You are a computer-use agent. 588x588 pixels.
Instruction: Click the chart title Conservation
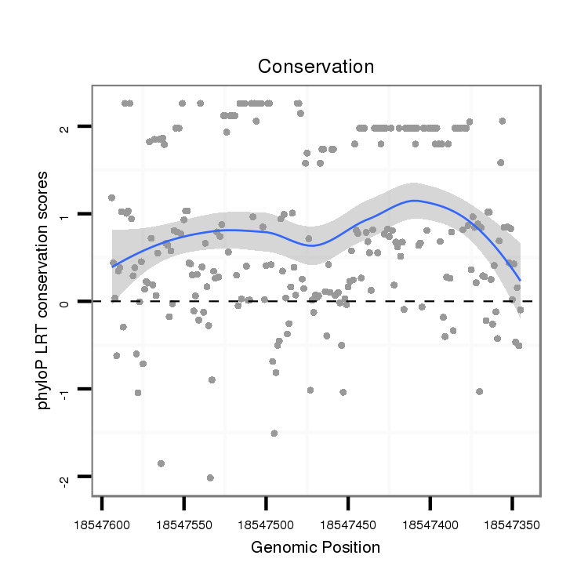pos(316,67)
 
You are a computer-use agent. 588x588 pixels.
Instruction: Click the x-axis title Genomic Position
pos(315,547)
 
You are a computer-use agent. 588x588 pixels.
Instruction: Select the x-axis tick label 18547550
pos(184,522)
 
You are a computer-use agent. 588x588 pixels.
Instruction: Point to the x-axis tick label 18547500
pos(267,522)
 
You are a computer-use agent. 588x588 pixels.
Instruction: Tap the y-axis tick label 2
pos(67,127)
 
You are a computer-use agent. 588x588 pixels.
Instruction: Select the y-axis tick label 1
pos(67,214)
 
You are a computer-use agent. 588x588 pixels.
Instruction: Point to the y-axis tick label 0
pos(67,302)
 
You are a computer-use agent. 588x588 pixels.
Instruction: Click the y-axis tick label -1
pos(67,390)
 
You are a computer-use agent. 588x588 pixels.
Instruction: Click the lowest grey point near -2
pos(210,477)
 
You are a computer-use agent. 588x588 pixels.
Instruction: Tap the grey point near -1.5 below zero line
pos(274,433)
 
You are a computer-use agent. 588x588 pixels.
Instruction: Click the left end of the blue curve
pos(113,267)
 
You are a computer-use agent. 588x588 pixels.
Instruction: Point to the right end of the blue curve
pos(520,280)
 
